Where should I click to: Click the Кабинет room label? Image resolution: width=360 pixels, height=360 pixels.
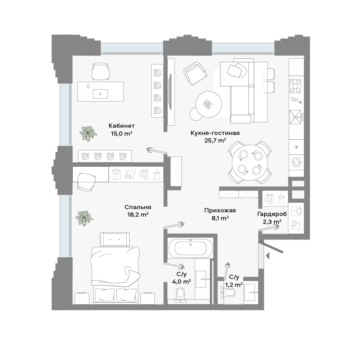point(122,126)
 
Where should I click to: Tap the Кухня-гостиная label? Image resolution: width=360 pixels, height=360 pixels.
point(215,133)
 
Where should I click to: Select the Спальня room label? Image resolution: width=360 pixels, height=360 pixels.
point(138,207)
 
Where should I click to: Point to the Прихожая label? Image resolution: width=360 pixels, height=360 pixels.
point(220,211)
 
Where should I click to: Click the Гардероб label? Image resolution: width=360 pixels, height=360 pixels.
point(272,214)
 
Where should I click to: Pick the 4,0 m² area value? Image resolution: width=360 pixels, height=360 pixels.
point(181,282)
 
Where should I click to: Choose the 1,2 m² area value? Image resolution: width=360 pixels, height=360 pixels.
point(234,285)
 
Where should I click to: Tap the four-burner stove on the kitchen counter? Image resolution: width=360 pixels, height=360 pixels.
point(295,86)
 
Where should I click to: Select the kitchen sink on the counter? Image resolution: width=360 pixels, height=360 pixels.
point(295,117)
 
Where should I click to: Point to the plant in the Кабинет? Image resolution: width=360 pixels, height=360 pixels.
point(88,134)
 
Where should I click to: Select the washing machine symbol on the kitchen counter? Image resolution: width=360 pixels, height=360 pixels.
point(296,162)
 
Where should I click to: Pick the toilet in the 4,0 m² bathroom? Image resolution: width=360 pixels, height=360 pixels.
point(180,294)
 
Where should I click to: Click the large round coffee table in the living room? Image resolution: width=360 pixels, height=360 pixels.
point(209,104)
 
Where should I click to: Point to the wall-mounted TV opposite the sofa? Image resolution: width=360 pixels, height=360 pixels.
point(170,92)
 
